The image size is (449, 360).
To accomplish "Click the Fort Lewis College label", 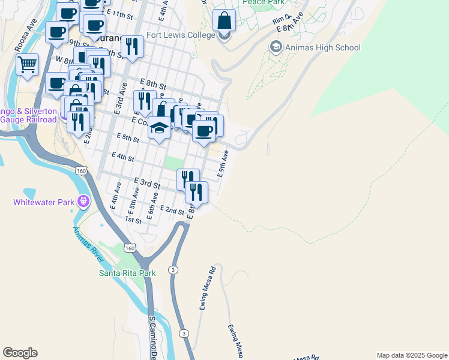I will [179, 35].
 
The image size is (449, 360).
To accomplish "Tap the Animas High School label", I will [323, 47].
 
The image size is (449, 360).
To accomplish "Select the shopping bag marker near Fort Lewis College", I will [224, 20].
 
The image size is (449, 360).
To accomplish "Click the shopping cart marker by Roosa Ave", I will [27, 64].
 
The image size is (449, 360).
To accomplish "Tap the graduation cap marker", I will [159, 128].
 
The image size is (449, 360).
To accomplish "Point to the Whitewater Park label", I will [43, 202].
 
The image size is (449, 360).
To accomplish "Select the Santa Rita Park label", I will [127, 273].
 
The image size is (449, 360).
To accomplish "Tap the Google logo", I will [20, 353].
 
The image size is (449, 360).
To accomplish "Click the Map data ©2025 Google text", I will [412, 355].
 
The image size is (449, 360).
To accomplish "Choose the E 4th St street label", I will [122, 157].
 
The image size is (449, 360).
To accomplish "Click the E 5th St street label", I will [128, 138].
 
